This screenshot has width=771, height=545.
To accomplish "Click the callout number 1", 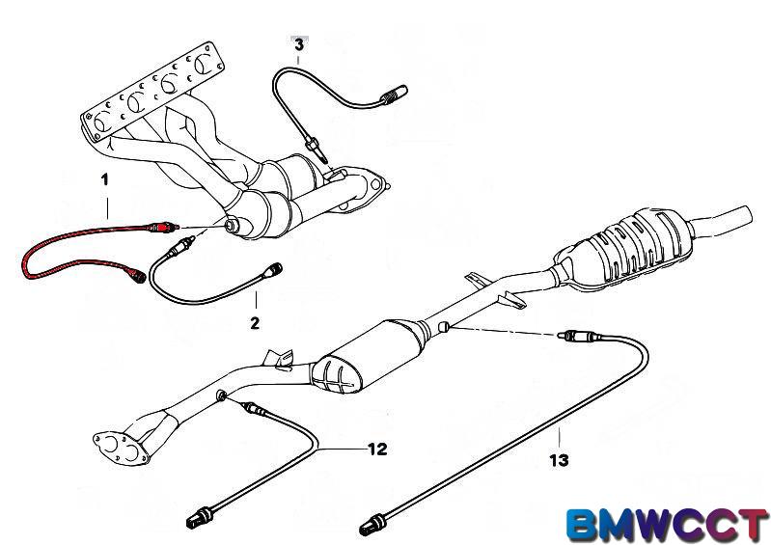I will (105, 179).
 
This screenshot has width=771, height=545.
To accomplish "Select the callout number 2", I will (255, 323).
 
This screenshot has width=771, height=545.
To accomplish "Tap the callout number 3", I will (299, 44).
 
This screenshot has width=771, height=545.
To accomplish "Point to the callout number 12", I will (376, 449).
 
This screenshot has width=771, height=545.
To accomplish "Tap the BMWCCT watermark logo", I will (667, 523).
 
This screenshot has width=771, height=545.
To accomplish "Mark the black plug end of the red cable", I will (141, 275).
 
